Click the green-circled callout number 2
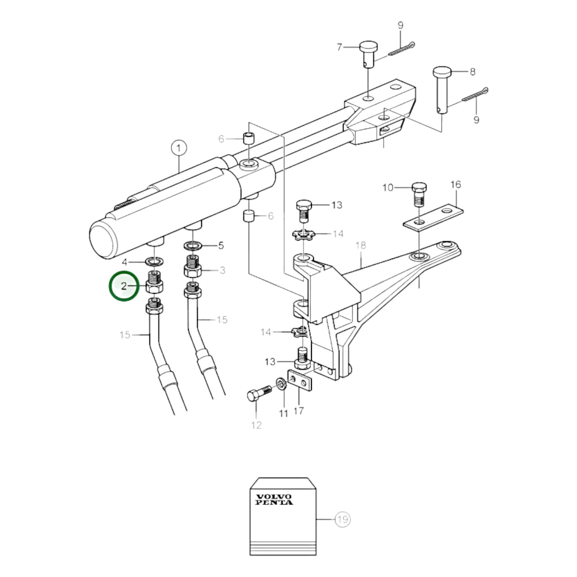124,287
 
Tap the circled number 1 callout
179,148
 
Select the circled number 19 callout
343,519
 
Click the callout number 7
339,47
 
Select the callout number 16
456,184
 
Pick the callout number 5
221,246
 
